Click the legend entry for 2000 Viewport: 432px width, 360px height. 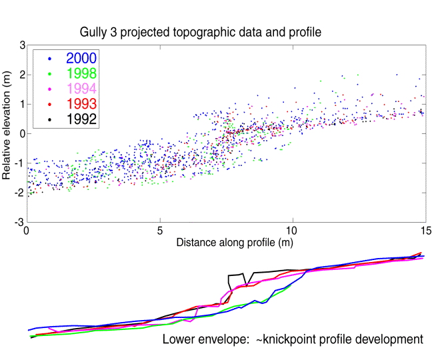79,58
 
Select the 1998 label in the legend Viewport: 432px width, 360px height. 79,73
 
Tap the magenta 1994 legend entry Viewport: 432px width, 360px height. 79,88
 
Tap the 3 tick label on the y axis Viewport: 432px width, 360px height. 21,45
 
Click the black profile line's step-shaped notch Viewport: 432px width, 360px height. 240,279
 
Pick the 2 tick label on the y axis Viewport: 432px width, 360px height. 21,74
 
